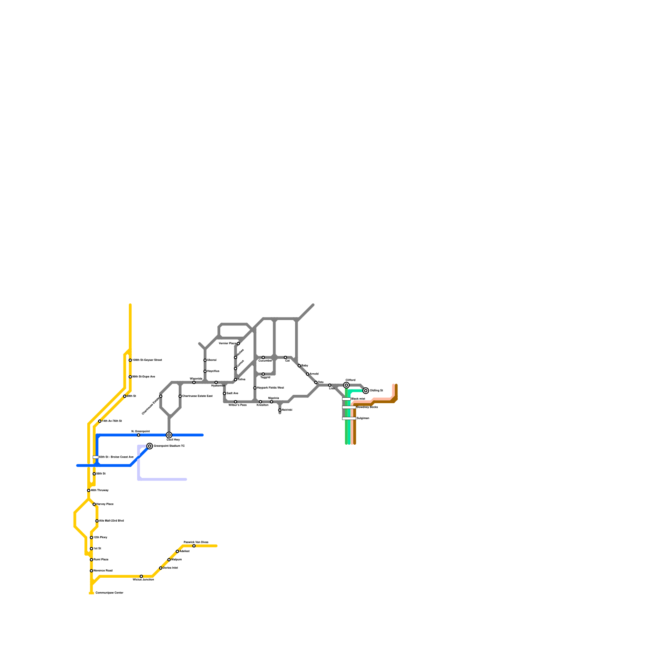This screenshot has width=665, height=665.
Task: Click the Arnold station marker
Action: coord(308,374)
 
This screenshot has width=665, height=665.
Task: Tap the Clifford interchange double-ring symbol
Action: coord(346,385)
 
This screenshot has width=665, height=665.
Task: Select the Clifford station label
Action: coord(350,380)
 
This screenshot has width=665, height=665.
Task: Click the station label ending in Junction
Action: coord(143,579)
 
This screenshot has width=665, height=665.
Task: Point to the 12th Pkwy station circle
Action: coord(91,537)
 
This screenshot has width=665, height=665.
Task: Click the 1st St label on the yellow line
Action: coord(97,549)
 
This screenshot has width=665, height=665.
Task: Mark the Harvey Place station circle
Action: coord(94,504)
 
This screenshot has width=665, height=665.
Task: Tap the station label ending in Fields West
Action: coord(271,388)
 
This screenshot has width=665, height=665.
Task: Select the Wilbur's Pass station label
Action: coord(238,405)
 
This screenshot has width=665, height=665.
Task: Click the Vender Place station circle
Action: coord(238,344)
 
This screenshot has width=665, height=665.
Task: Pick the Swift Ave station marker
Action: coord(224,393)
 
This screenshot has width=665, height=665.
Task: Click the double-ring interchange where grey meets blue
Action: coord(169,435)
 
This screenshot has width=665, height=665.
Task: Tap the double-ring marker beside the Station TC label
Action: coord(150,446)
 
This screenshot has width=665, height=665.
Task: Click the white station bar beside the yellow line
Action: coord(95,457)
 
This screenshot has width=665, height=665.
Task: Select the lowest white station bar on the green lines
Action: coord(349,418)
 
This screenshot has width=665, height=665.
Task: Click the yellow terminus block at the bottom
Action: coord(91,593)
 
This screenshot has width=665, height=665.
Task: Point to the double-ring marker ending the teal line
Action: coord(366,391)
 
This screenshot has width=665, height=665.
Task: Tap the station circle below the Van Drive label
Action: coord(194,546)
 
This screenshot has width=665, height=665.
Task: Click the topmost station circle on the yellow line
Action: coord(130,360)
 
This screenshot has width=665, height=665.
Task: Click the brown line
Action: coord(355,428)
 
